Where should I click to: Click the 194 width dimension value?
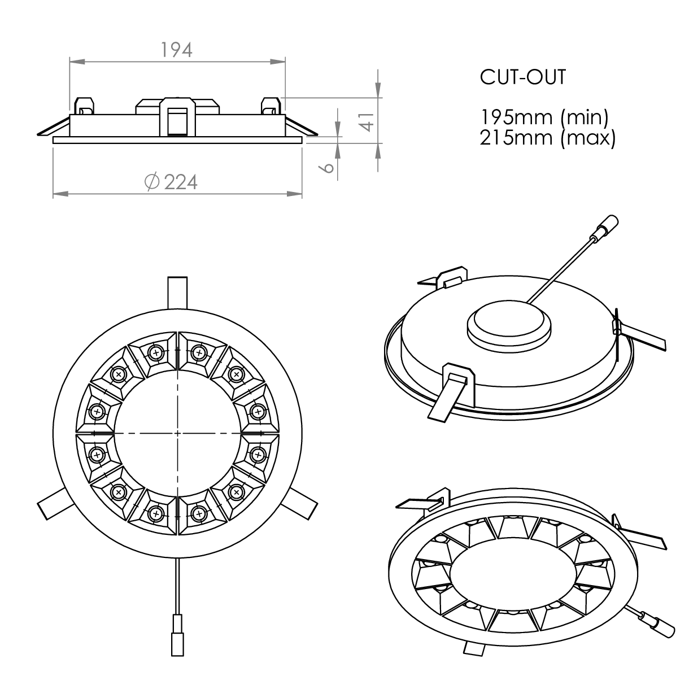(177, 50)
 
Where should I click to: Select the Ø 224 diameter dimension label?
(171, 182)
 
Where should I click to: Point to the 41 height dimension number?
(367, 121)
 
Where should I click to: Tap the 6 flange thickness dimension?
(327, 167)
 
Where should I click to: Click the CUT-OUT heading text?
(523, 77)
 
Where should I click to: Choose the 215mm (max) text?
(547, 138)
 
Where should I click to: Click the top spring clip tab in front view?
(177, 293)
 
